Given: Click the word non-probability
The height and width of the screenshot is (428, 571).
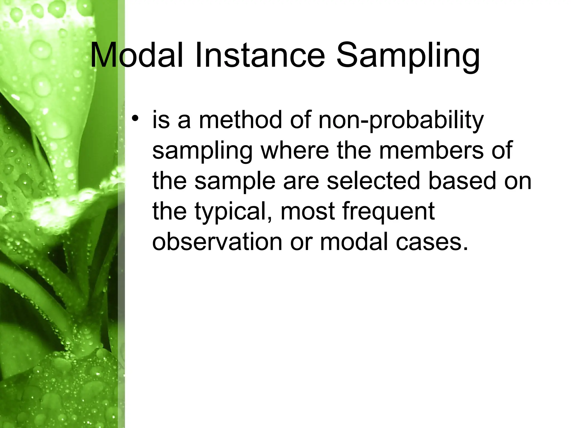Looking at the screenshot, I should pyautogui.click(x=401, y=121).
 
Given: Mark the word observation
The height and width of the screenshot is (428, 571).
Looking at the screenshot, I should pyautogui.click(x=217, y=242).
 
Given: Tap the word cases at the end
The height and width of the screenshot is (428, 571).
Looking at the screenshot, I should pyautogui.click(x=432, y=242).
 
